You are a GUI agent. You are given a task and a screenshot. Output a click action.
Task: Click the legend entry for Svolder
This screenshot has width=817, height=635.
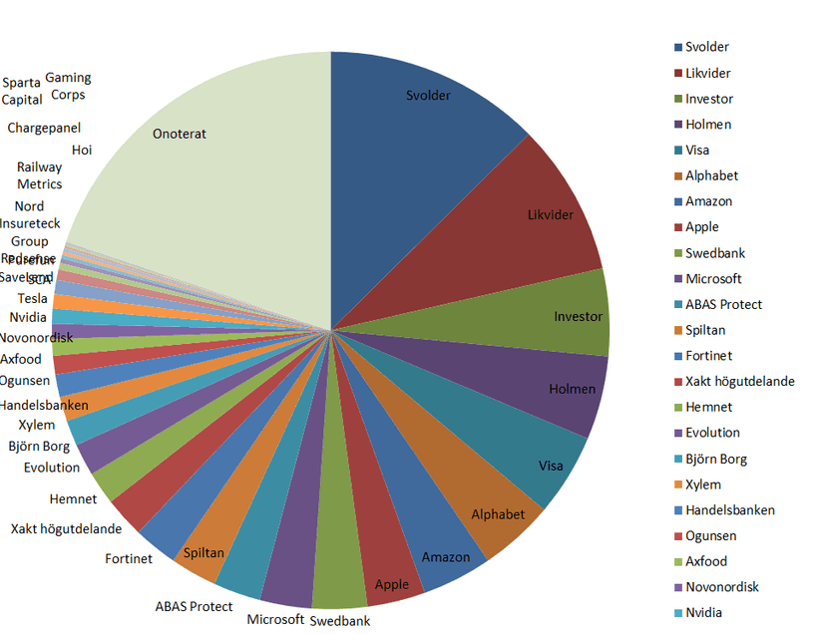point(706,47)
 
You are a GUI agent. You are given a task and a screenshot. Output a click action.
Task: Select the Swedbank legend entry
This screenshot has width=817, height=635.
point(714,253)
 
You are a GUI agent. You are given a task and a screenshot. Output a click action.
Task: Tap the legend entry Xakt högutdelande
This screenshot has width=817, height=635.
point(739,382)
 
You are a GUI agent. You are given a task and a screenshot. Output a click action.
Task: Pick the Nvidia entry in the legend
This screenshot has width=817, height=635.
point(703,612)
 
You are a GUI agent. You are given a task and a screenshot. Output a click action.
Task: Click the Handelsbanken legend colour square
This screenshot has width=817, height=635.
point(678,509)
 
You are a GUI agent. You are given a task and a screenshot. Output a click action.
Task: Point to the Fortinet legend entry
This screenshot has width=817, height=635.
point(708,356)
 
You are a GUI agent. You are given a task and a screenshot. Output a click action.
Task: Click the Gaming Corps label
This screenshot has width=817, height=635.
point(68,86)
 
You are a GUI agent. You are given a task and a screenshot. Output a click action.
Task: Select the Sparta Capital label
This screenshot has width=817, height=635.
point(22,91)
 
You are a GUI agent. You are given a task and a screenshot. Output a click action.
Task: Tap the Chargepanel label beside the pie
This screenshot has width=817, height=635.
point(44,128)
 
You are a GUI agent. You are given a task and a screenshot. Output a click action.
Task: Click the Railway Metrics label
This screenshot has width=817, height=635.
point(39,175)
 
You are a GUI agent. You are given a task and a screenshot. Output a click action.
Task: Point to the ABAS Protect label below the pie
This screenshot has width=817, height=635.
point(194,606)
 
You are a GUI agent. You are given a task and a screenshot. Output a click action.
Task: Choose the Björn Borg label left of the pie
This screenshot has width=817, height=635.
point(39,447)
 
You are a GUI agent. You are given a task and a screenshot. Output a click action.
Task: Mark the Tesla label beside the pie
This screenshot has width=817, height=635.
point(32,299)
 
